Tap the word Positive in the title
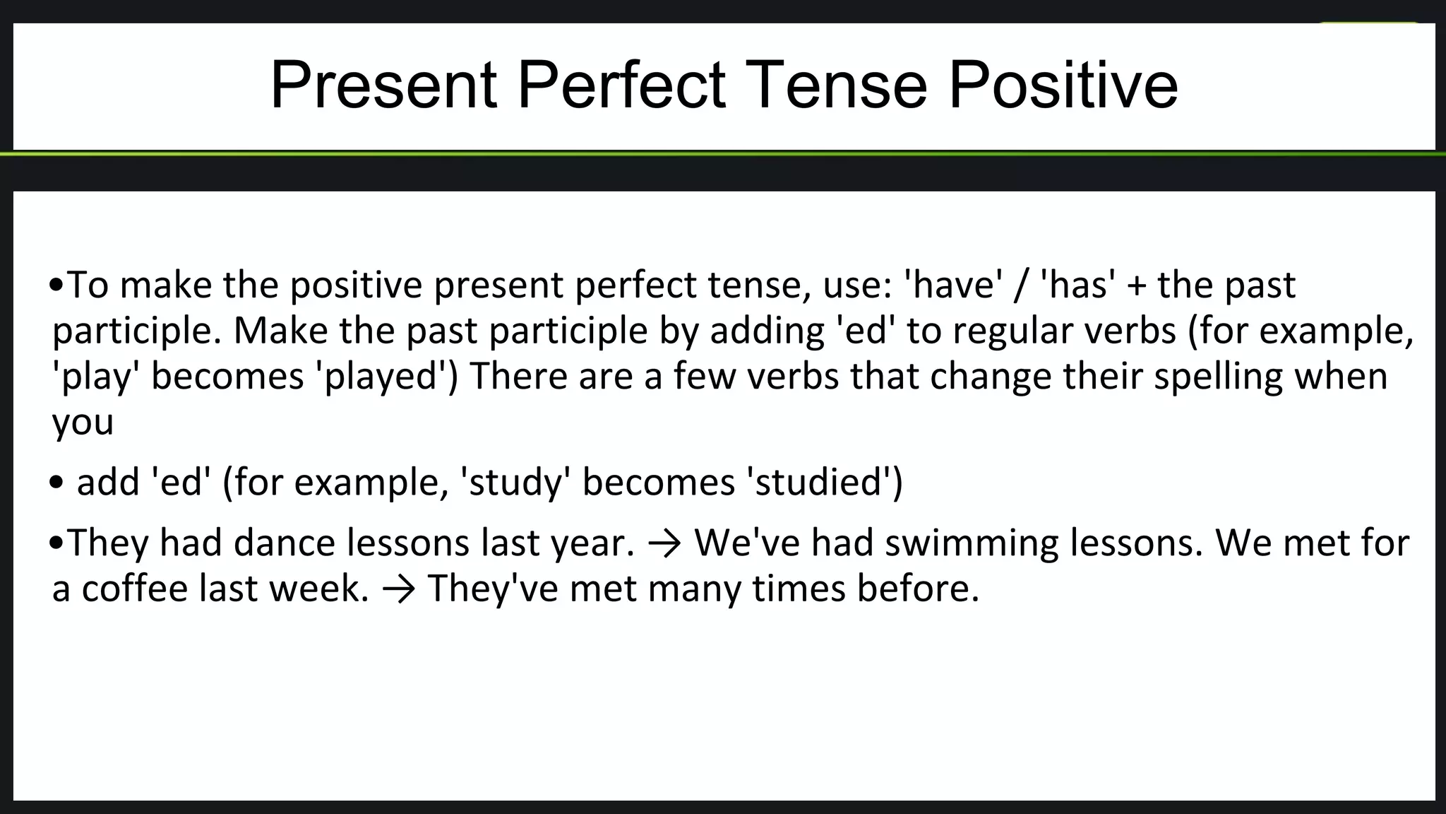pyautogui.click(x=1063, y=85)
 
